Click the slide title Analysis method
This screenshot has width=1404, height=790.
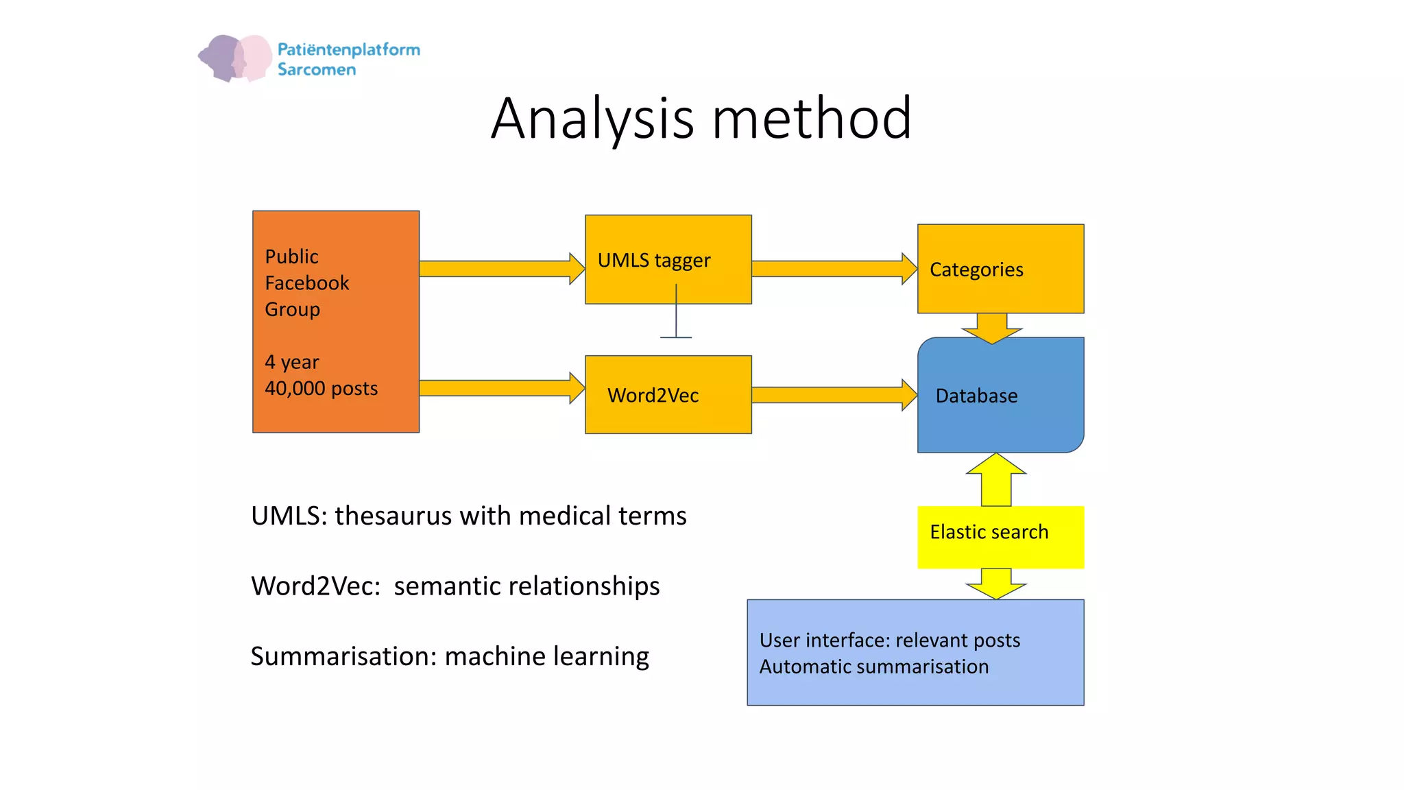coord(701,119)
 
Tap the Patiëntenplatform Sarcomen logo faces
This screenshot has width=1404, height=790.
coord(235,58)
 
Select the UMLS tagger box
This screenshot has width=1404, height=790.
coord(668,259)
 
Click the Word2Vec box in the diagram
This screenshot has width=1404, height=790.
coord(668,394)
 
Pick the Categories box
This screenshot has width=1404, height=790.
coord(1000,269)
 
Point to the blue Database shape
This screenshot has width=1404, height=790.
coord(1000,396)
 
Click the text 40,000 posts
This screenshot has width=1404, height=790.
coord(321,388)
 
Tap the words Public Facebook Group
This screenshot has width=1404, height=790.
coord(306,283)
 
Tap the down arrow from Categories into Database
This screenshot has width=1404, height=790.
coord(991,327)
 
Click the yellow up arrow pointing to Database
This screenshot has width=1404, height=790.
coord(996,479)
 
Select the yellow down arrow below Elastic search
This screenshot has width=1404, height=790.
coord(996,583)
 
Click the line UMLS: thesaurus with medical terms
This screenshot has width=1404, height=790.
coord(468,516)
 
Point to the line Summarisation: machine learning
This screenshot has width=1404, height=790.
coord(449,656)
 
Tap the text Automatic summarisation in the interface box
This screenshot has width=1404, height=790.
coord(873,667)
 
